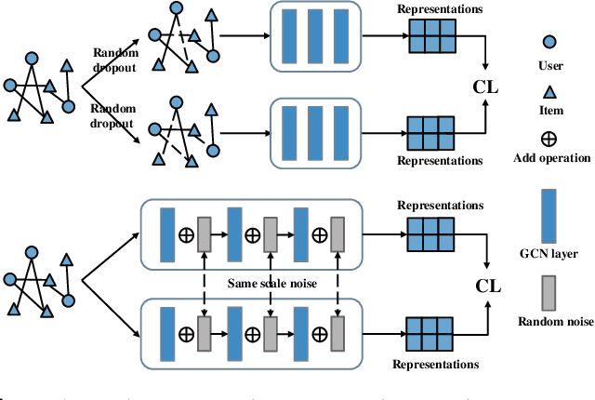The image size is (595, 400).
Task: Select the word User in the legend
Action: tap(550, 67)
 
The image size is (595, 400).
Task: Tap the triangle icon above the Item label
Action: tap(550, 90)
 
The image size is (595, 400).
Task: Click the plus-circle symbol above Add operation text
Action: tap(550, 139)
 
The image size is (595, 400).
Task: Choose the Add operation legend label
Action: tap(550, 158)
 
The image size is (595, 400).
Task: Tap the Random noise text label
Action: tap(550, 325)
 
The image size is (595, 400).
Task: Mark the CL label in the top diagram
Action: tap(486, 87)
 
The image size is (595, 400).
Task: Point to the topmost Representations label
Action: tap(440, 10)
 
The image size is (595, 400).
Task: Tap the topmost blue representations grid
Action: tap(430, 36)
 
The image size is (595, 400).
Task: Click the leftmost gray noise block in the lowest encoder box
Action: tap(205, 333)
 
